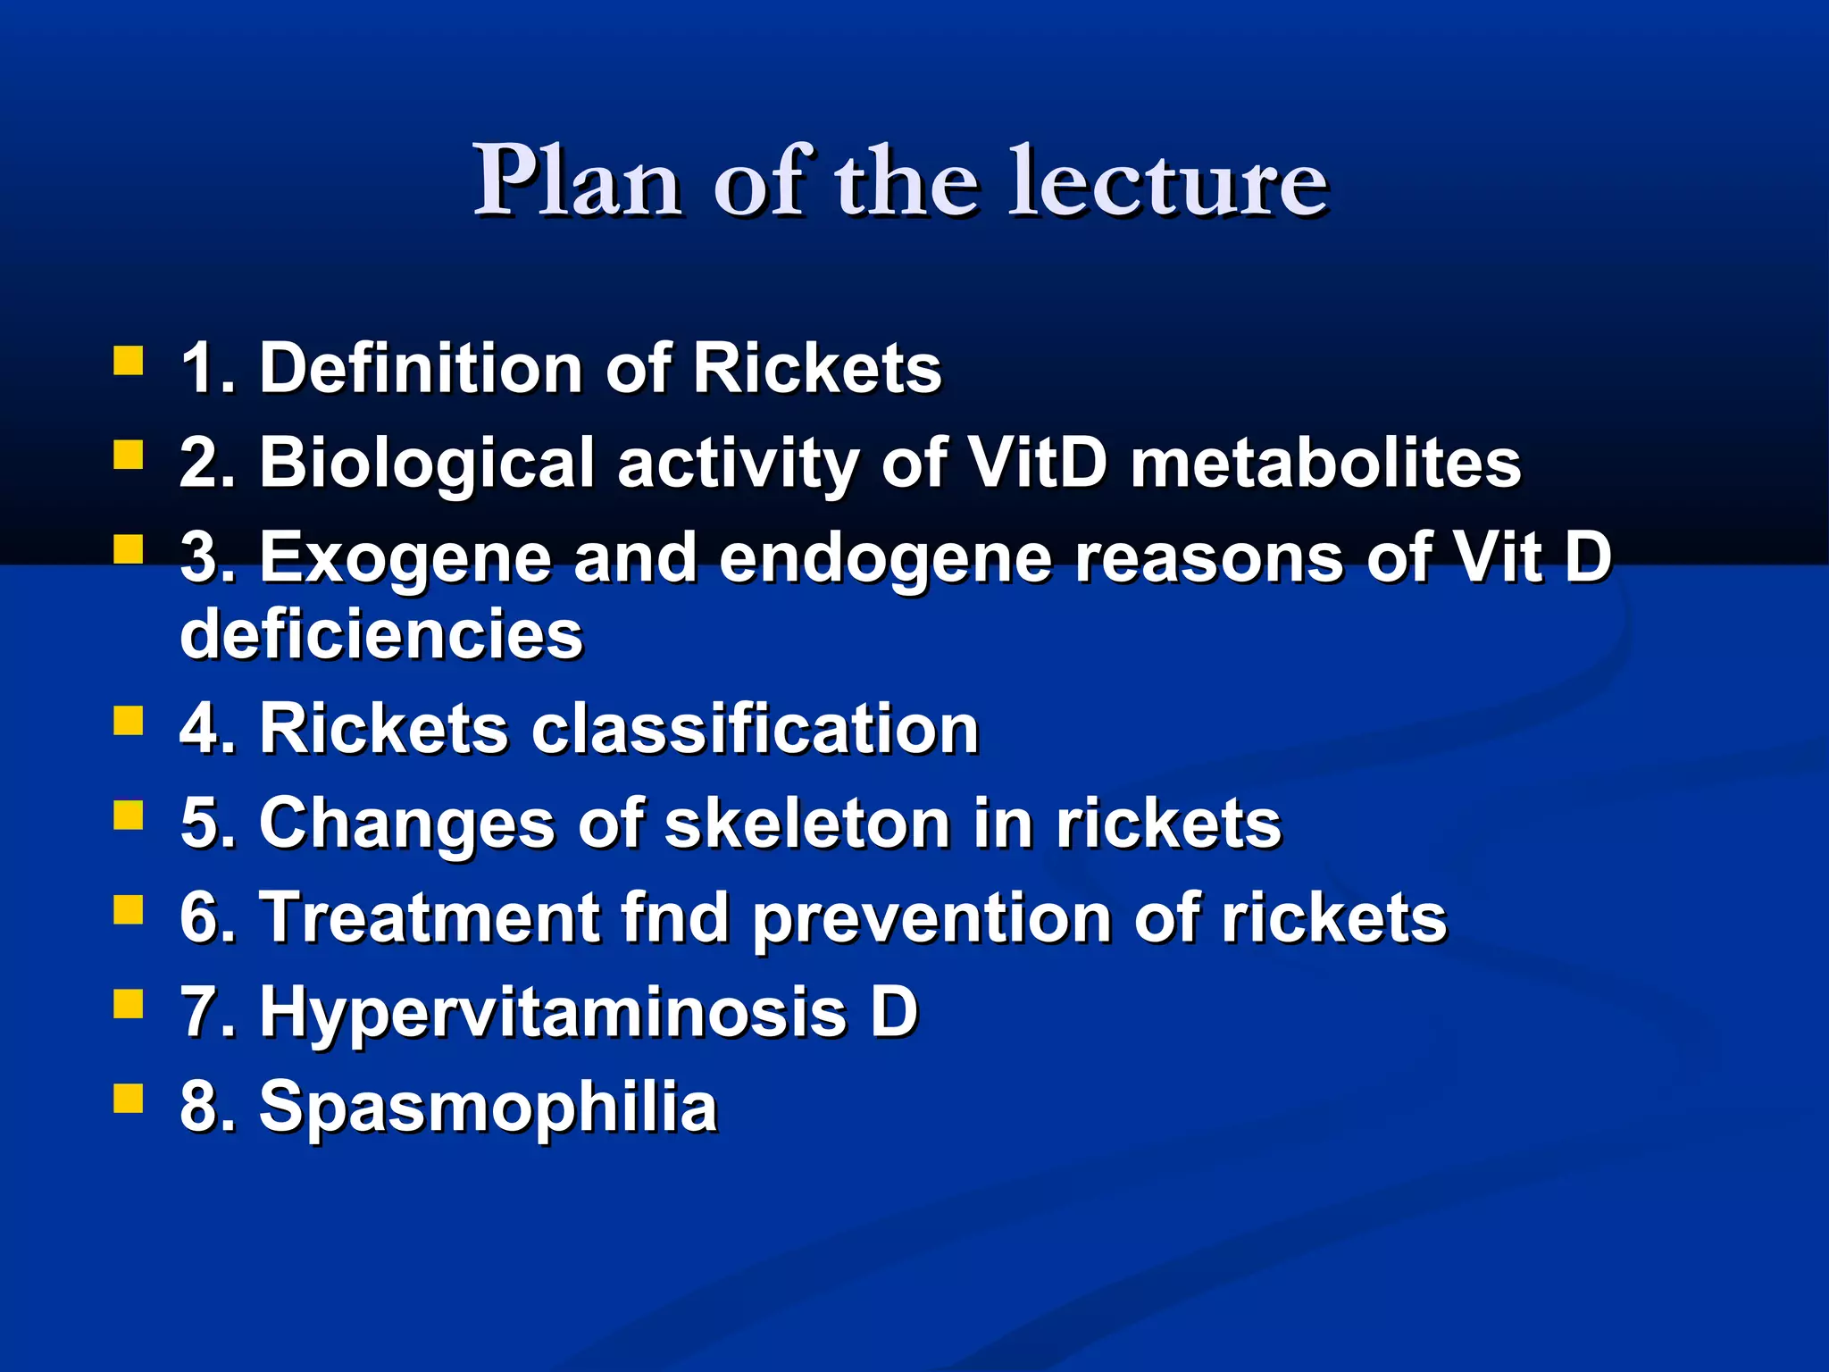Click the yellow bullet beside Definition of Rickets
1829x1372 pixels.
[x=129, y=362]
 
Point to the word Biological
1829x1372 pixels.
[x=426, y=464]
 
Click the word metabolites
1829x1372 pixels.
[x=1325, y=464]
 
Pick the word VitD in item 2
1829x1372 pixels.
[x=1038, y=464]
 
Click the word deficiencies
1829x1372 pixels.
[x=381, y=634]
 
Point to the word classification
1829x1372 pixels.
[x=756, y=729]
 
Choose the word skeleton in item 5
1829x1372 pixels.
[x=807, y=824]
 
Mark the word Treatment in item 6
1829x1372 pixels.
[x=429, y=918]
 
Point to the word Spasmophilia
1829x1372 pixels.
[x=488, y=1108]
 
